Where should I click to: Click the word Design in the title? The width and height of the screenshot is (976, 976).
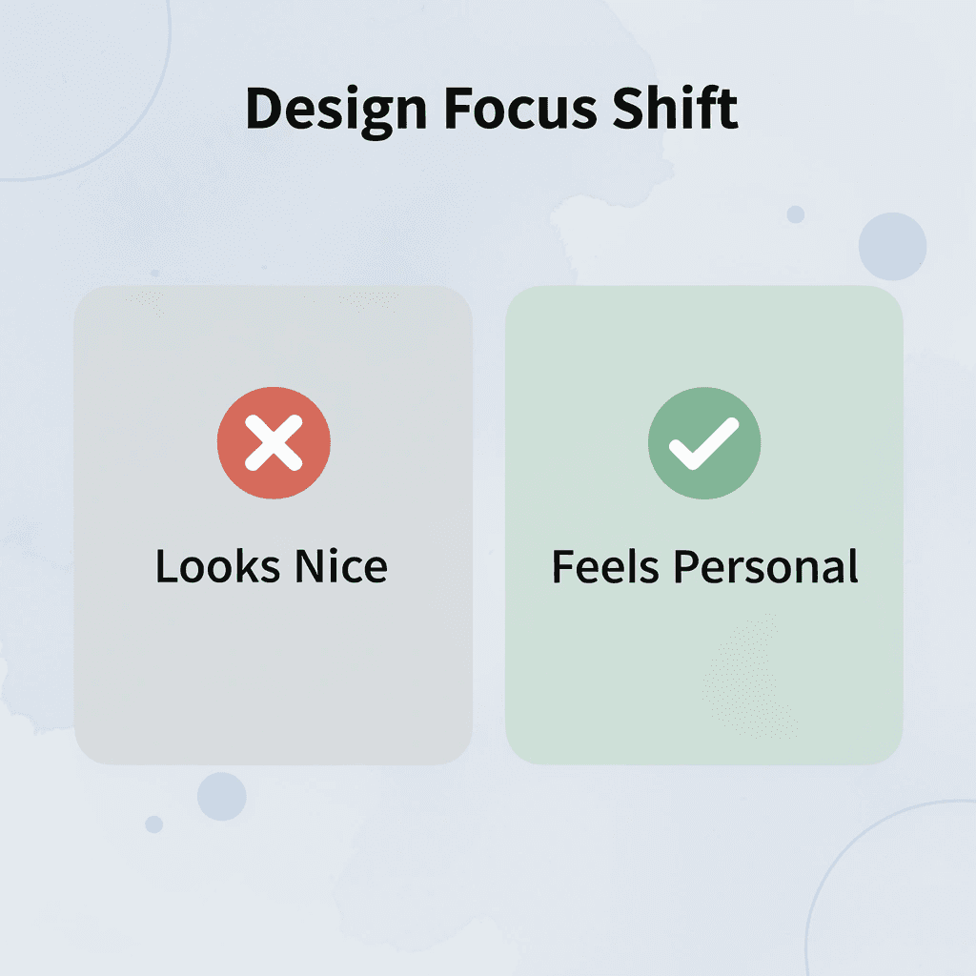tap(333, 109)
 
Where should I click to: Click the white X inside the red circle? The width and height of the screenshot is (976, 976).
tap(274, 444)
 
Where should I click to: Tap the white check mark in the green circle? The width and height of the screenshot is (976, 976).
tap(704, 444)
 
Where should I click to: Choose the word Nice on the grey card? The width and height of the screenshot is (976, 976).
tap(340, 567)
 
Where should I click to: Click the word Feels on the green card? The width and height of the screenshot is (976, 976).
tap(606, 567)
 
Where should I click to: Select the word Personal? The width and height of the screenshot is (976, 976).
tap(766, 567)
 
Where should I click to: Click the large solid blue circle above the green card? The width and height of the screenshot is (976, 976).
tap(892, 247)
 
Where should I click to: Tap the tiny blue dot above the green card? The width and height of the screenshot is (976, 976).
tap(795, 214)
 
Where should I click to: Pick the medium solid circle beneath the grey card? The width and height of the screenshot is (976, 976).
tap(222, 796)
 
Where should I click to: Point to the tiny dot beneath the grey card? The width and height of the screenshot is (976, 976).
tap(153, 823)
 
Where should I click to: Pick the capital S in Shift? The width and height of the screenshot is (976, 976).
tap(627, 109)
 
